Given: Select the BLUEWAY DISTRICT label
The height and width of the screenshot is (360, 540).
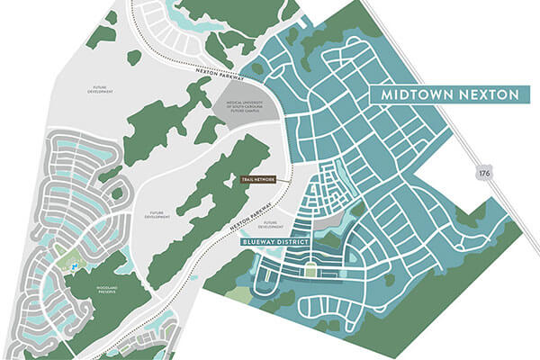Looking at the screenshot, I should click(x=275, y=241).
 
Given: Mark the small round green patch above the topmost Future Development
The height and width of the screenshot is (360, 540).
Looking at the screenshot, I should click(x=134, y=58).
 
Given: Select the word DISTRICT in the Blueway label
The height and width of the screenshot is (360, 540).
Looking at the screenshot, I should click(x=295, y=241).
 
